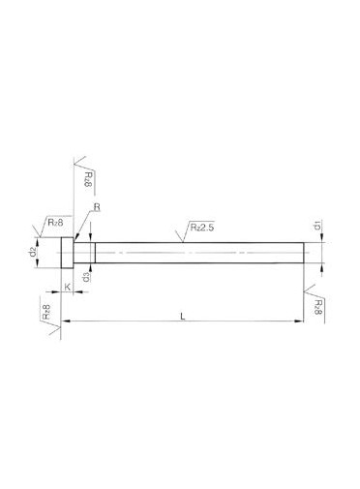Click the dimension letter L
[x=183, y=316]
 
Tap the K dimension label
[x=68, y=287]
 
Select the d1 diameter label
[x=316, y=227]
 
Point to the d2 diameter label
[x=33, y=252]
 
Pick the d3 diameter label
[x=86, y=277]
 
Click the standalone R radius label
[x=97, y=207]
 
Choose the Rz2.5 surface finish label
[x=201, y=228]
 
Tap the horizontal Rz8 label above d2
[x=55, y=222]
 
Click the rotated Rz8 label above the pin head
[x=88, y=180]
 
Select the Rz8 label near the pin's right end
[x=317, y=307]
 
